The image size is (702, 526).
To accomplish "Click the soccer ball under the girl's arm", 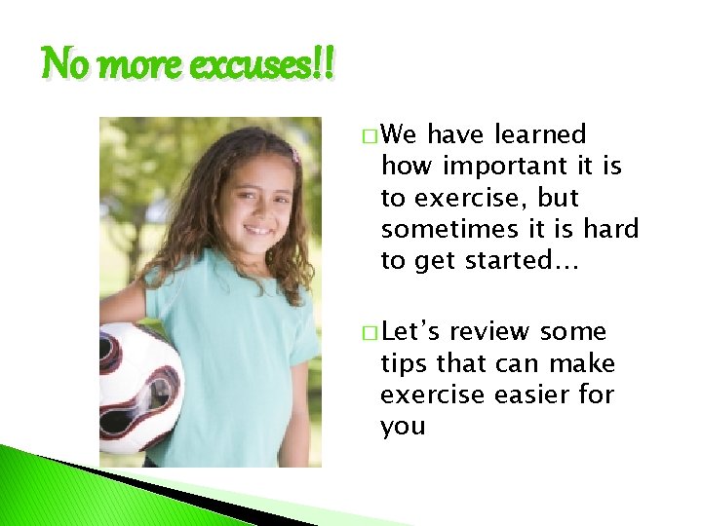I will point(138,387).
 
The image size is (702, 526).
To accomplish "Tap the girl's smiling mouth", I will point(257,230).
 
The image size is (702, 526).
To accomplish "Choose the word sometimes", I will point(444,229).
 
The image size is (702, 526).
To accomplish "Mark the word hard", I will point(610,229).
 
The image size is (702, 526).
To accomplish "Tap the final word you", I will point(403,427).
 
